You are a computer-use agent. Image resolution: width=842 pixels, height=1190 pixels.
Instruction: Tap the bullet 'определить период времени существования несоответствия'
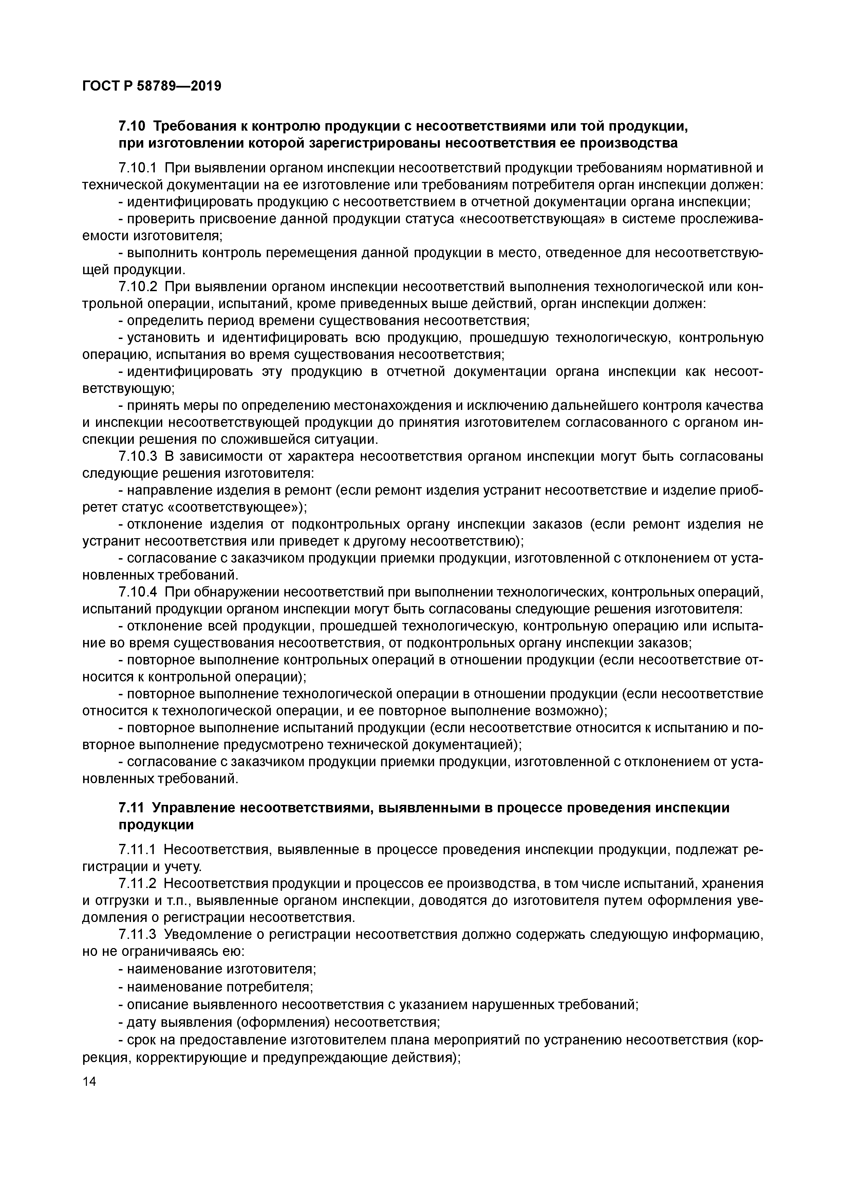(324, 320)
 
